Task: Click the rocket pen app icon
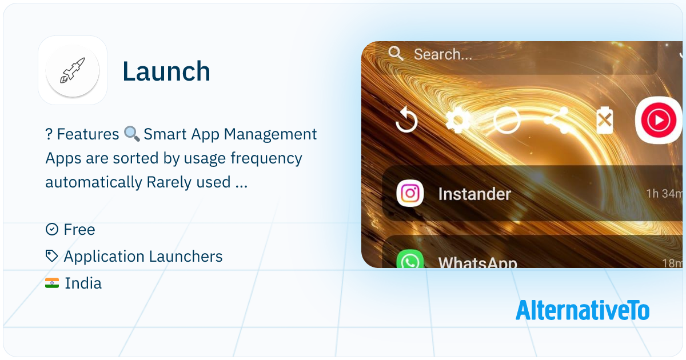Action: (73, 71)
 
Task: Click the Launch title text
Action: (166, 71)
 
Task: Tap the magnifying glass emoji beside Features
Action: (132, 134)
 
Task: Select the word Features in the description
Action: (88, 134)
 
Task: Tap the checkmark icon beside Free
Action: (51, 230)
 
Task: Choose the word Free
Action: (79, 230)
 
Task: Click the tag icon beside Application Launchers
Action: (51, 257)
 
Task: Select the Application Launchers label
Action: (143, 257)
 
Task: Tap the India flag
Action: (52, 283)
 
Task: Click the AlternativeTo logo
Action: (582, 310)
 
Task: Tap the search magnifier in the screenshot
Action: (396, 54)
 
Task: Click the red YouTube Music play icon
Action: (658, 121)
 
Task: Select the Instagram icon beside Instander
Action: (410, 194)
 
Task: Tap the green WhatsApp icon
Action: (410, 261)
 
